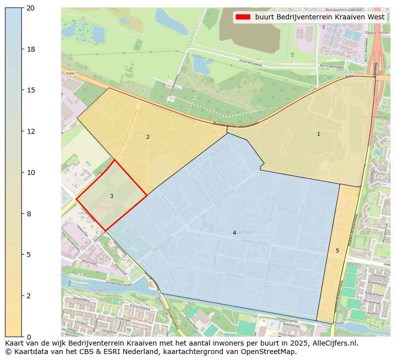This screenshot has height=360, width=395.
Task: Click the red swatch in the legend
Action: pyautogui.click(x=243, y=17)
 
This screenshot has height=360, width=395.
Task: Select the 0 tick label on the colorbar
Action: pyautogui.click(x=29, y=337)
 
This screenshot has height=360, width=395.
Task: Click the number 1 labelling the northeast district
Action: pyautogui.click(x=318, y=134)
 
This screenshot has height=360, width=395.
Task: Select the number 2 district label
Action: pyautogui.click(x=148, y=137)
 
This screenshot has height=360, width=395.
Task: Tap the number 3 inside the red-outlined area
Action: pyautogui.click(x=111, y=196)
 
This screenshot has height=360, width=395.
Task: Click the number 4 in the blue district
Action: pyautogui.click(x=234, y=233)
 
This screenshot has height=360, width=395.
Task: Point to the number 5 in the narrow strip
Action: pyautogui.click(x=337, y=251)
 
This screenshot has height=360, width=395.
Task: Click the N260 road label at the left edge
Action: pyautogui.click(x=70, y=74)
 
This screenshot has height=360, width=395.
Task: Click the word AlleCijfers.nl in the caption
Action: pyautogui.click(x=332, y=343)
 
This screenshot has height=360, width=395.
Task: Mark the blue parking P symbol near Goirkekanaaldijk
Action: pyautogui.click(x=272, y=324)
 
